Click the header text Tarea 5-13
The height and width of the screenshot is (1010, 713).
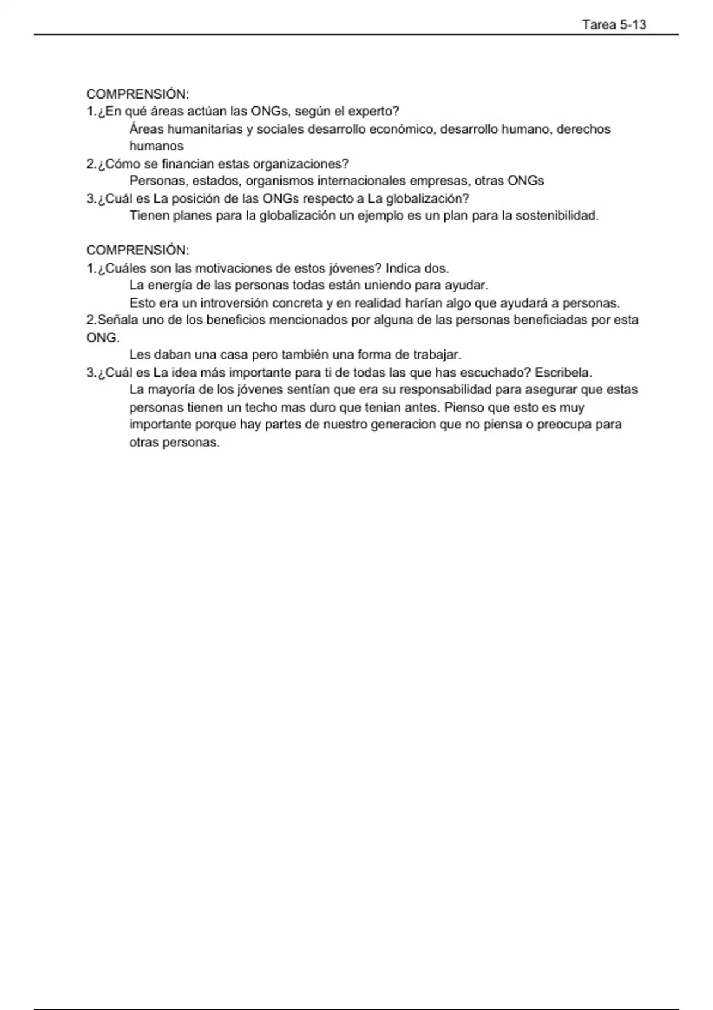(614, 25)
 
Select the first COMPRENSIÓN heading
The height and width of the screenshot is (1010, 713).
(137, 94)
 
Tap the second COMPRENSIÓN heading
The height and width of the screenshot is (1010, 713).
(137, 250)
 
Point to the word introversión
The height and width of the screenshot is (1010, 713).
(234, 303)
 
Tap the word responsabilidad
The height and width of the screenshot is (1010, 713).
(446, 390)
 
